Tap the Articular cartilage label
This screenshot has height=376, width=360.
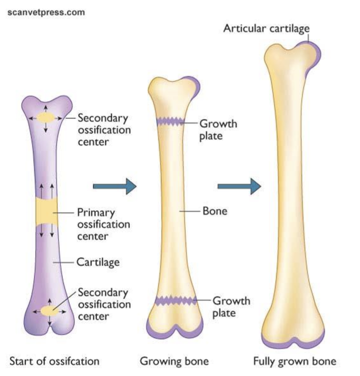[266, 28]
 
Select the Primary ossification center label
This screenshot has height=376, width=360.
[103, 224]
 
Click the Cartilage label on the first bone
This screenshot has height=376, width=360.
[98, 262]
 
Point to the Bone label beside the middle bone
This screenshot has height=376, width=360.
[214, 211]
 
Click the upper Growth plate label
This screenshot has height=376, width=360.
[217, 129]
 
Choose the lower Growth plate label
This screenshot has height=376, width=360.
[231, 306]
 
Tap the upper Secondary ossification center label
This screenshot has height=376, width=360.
[103, 130]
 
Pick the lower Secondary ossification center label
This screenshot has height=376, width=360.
[103, 304]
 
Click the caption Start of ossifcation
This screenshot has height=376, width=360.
[54, 362]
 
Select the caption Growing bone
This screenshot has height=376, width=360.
[174, 362]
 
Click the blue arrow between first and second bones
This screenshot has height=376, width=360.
[114, 186]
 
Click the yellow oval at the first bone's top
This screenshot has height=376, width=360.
[47, 118]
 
